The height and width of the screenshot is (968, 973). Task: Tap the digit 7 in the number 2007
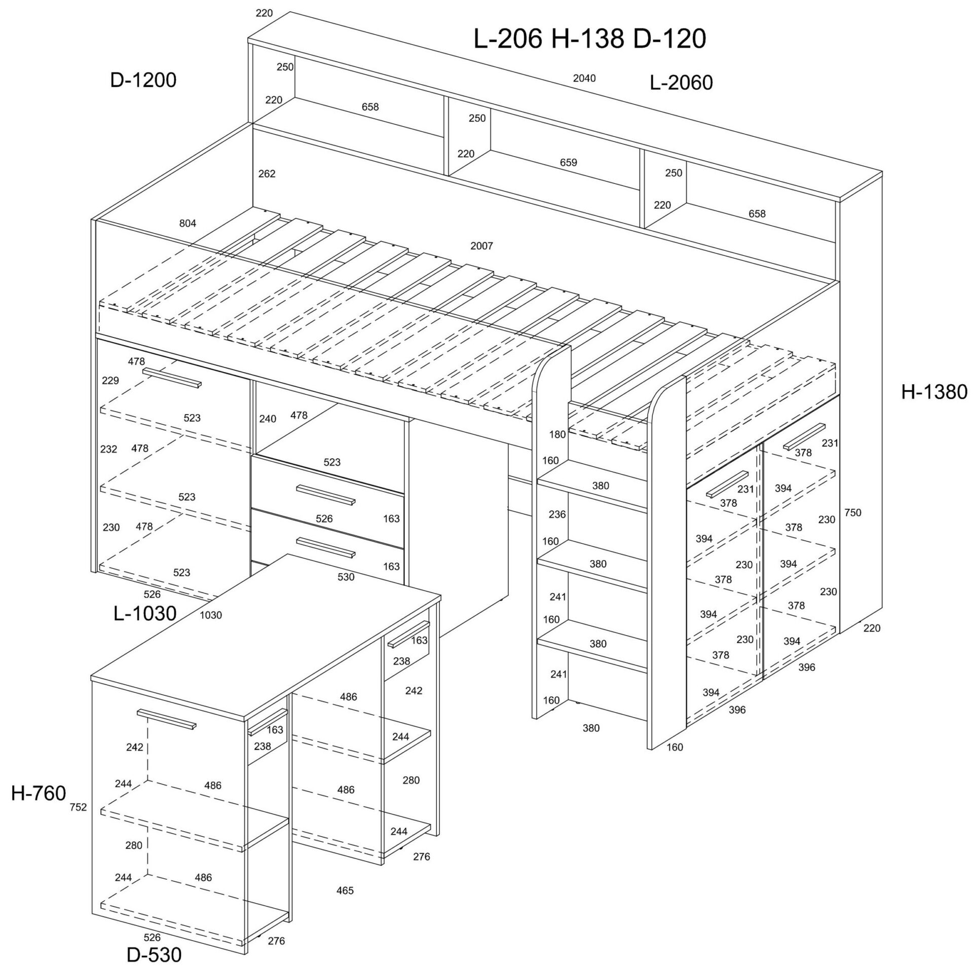point(490,246)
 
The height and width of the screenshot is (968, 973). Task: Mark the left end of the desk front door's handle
point(138,712)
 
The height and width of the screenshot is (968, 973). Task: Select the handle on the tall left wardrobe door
point(172,378)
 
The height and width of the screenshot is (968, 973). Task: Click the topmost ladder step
point(592,487)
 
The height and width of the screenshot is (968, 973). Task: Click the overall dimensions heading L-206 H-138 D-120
point(589,39)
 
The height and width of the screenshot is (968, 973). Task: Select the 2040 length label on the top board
point(584,78)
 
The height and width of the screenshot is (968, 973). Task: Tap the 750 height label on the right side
point(853,512)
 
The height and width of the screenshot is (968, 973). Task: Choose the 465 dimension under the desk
point(345,890)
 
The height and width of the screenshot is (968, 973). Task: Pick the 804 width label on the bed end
point(188,223)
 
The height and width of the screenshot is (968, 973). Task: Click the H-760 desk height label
point(39,793)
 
